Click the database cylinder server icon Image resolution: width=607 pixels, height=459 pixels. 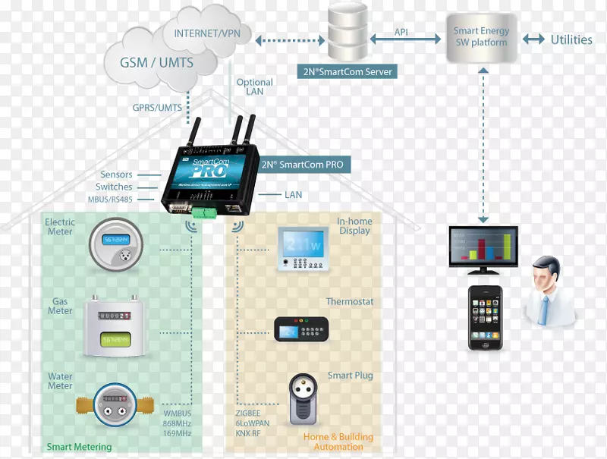pos(350,34)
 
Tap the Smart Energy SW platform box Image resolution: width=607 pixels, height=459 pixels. pos(481,37)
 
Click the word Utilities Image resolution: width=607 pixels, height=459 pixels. pos(571,39)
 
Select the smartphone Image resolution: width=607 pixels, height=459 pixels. pos(485,317)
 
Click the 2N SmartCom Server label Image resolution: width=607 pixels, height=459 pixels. pos(346,71)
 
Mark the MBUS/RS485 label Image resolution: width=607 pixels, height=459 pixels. pos(110,200)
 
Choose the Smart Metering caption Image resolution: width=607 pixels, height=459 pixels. pos(79,447)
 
